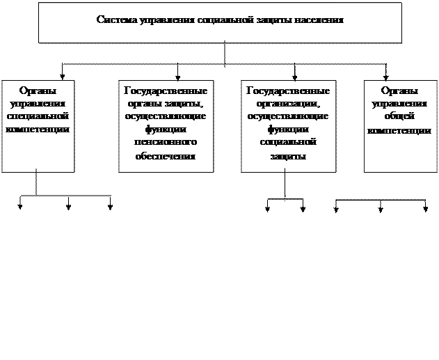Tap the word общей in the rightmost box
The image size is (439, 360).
[x=400, y=117]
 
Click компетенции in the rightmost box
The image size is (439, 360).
[x=400, y=130]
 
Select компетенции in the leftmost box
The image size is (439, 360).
[x=37, y=130]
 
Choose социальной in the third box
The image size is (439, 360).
[x=288, y=143]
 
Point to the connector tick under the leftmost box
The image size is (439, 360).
[x=36, y=170]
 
